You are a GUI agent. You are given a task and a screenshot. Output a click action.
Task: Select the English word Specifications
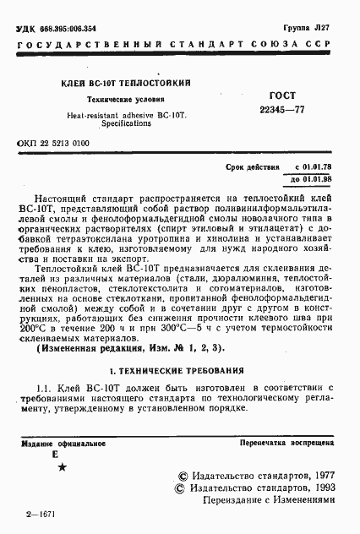click(x=127, y=123)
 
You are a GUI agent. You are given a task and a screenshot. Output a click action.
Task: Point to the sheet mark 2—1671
click(x=40, y=514)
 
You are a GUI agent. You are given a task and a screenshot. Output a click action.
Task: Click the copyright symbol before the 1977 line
click(x=182, y=476)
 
